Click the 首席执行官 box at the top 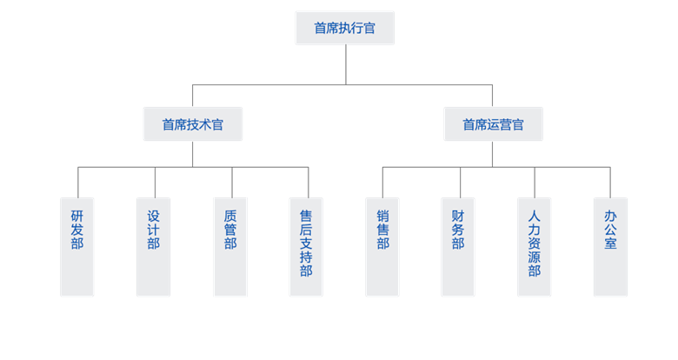click(x=345, y=28)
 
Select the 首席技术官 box click(x=192, y=124)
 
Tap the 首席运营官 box click(x=493, y=124)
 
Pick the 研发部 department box click(x=77, y=246)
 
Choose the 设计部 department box click(x=154, y=246)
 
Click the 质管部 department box click(x=230, y=246)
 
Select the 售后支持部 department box click(x=306, y=246)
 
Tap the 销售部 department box click(x=382, y=246)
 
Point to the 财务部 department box click(x=458, y=246)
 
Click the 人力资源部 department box click(x=534, y=246)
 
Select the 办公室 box click(x=610, y=246)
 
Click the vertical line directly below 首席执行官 click(x=346, y=64)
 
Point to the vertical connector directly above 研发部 click(x=78, y=182)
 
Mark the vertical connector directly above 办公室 click(x=610, y=182)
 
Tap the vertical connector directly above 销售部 click(x=382, y=182)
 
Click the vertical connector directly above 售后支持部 click(x=309, y=182)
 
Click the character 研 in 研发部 click(x=77, y=215)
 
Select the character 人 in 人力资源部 click(x=534, y=215)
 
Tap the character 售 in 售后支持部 click(x=306, y=215)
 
